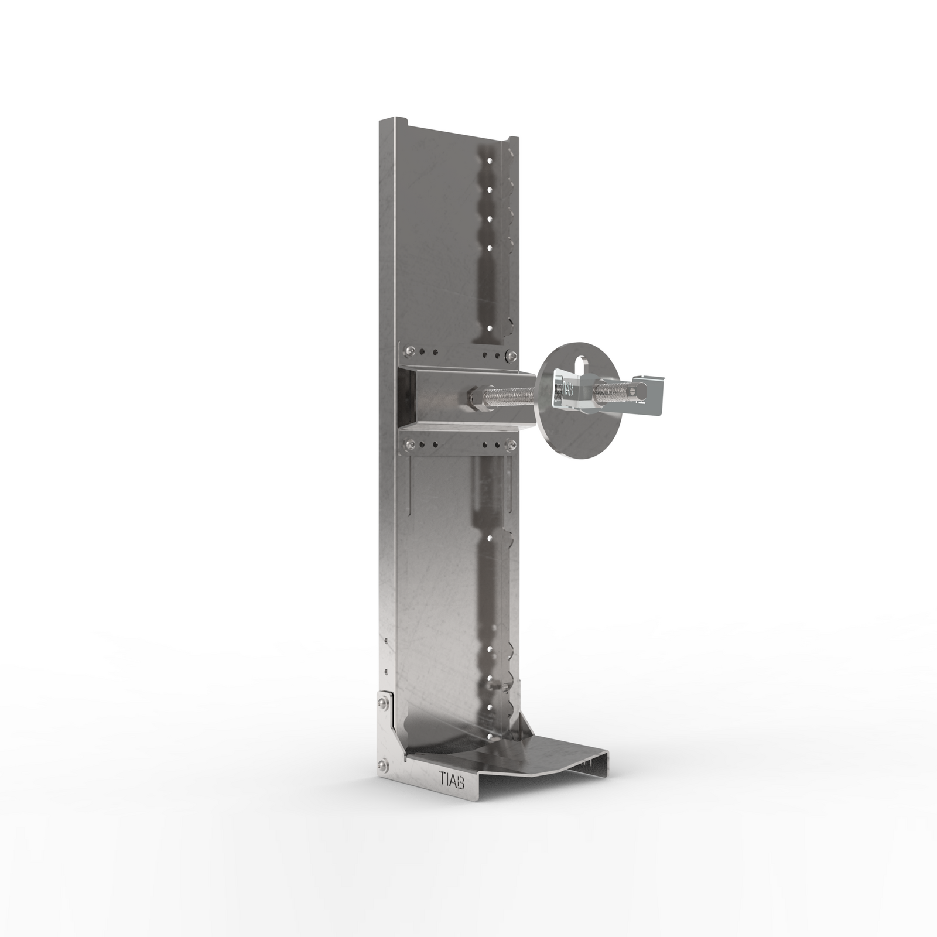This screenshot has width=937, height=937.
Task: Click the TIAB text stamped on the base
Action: [452, 778]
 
